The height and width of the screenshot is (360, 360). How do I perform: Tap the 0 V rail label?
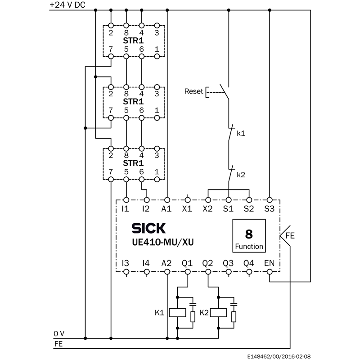[59, 333]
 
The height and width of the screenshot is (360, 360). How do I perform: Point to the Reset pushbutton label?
[193, 91]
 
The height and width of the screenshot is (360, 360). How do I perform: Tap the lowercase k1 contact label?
[241, 134]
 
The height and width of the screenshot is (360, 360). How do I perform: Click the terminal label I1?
[126, 209]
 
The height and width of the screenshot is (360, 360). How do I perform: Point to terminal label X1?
[187, 209]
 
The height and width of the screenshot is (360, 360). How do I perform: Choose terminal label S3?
[269, 209]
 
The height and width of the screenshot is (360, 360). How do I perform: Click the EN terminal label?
[269, 263]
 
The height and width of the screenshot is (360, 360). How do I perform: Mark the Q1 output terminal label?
[187, 263]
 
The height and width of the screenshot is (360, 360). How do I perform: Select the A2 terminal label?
[166, 263]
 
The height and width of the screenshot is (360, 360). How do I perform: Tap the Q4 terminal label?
[249, 263]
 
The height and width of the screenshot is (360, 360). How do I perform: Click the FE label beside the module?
[290, 235]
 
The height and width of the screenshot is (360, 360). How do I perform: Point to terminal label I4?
[145, 263]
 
